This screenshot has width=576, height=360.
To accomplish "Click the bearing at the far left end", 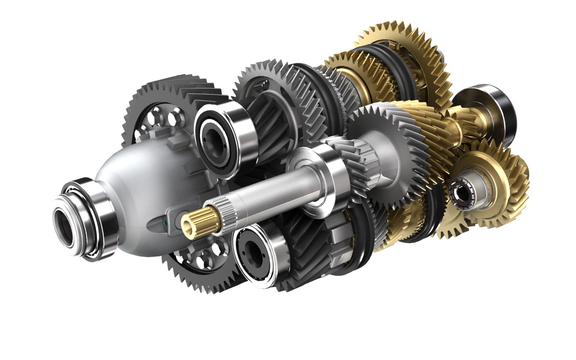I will click(83, 219).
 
